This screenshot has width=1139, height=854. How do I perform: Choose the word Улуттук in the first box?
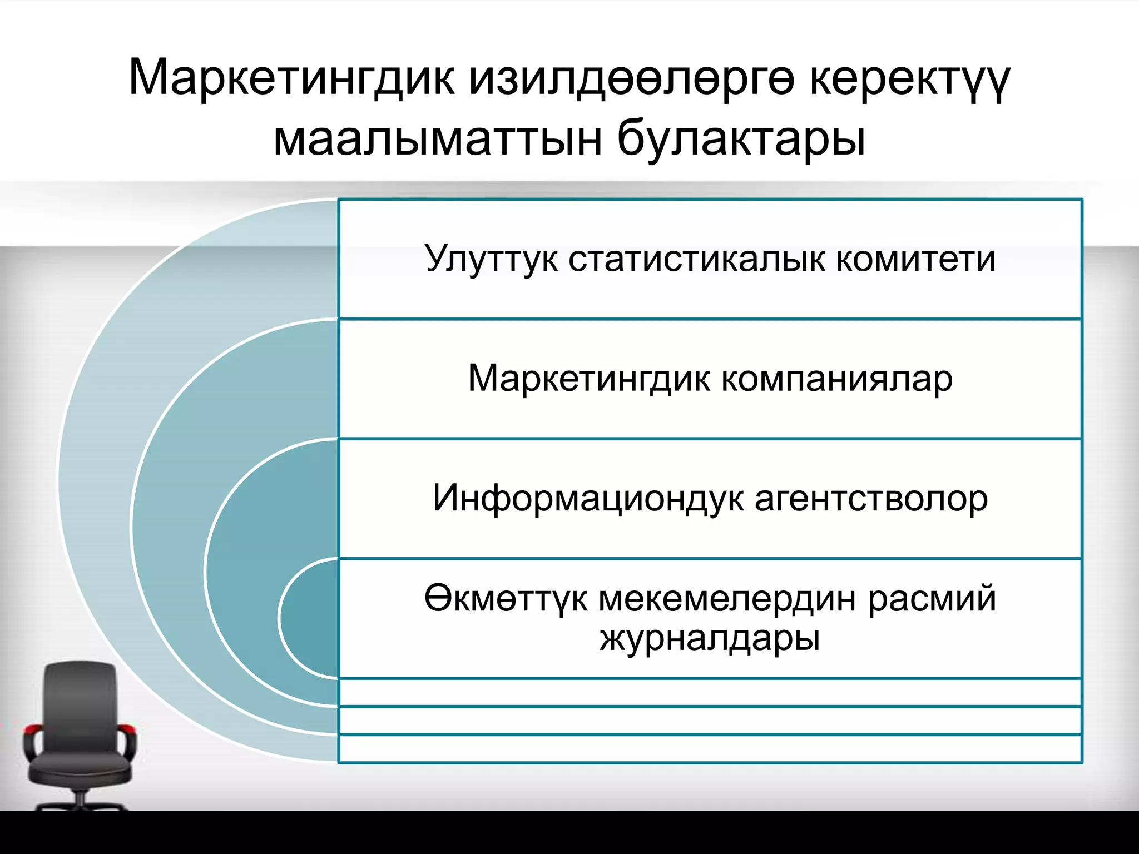(x=491, y=259)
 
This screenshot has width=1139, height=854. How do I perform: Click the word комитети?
(x=915, y=259)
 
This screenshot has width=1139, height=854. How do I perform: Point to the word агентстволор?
(x=871, y=498)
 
